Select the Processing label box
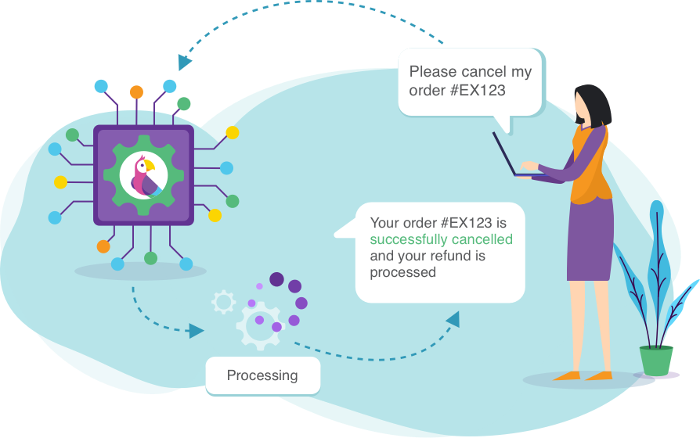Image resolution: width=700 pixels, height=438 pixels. coord(262,375)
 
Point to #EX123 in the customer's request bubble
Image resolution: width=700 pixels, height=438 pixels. coord(477,91)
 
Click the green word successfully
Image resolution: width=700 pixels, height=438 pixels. coord(406,239)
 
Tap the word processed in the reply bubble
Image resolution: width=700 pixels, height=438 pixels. coord(402,272)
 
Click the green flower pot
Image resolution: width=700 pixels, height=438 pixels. coord(656,361)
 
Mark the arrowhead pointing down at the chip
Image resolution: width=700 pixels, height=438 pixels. coord(185,62)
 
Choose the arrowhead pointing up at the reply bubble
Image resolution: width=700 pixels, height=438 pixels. coord(453,319)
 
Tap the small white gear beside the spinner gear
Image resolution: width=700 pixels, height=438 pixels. coord(224,302)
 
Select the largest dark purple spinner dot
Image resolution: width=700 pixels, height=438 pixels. coord(277,279)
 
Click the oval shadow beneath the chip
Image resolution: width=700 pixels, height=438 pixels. coord(140,271)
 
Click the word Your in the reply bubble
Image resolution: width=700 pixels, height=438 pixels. coord(384,223)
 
